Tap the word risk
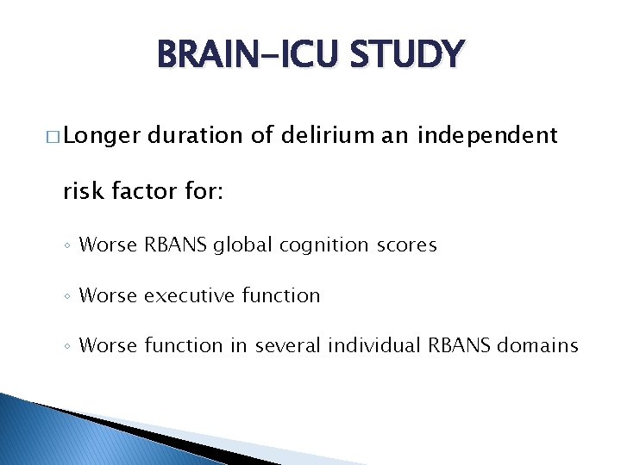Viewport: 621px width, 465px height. (84, 191)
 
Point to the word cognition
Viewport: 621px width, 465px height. (320, 245)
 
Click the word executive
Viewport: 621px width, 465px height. (189, 295)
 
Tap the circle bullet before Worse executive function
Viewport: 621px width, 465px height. (68, 296)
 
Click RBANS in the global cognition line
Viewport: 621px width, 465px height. (176, 245)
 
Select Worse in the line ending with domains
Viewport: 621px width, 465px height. (108, 345)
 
